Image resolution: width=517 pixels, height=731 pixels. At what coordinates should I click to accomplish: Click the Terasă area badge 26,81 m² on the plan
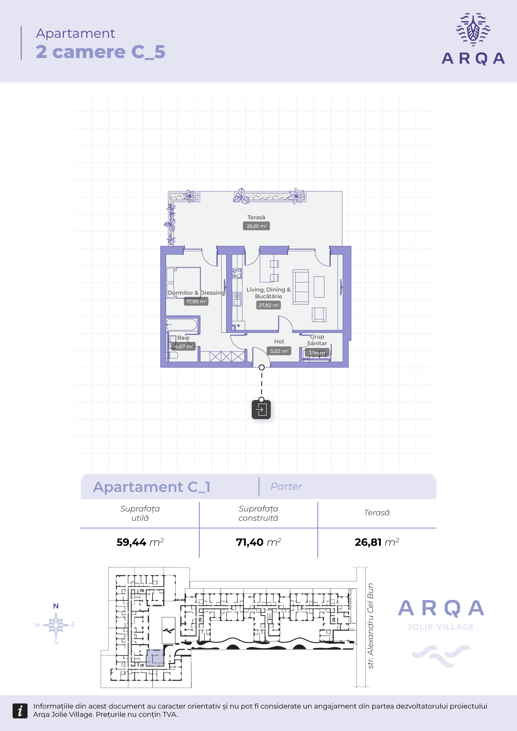256,226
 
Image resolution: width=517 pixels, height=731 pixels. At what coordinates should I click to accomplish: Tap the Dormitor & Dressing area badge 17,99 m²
196,301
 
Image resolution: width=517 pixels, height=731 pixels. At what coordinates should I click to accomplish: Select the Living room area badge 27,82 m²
268,305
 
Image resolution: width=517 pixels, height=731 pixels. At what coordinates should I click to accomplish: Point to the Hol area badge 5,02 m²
279,351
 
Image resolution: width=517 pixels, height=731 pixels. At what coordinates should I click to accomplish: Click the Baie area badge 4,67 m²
183,346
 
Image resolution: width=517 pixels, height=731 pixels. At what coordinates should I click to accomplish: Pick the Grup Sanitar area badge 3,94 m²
317,352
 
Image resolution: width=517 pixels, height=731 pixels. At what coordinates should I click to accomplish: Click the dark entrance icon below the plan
261,410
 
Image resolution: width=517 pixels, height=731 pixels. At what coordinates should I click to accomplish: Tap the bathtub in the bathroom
182,325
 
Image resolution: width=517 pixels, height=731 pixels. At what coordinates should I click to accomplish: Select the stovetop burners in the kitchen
237,273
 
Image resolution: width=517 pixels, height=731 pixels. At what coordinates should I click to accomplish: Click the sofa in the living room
301,287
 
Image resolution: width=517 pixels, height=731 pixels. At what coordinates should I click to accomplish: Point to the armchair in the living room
319,315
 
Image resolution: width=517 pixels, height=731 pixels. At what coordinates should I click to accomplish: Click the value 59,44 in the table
131,542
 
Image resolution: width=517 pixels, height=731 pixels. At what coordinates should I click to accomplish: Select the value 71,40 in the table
249,542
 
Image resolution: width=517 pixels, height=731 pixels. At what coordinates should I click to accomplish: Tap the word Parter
286,487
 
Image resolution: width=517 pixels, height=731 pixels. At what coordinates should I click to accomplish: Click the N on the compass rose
56,606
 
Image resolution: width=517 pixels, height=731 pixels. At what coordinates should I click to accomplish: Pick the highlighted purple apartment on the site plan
155,658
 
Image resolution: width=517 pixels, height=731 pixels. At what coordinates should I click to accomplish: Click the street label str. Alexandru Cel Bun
370,626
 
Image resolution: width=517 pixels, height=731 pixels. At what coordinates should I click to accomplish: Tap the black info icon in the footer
20,711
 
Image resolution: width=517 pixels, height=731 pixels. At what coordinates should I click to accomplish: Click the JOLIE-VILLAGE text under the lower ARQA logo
441,627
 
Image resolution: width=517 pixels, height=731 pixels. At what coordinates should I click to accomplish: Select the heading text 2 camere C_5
101,52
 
